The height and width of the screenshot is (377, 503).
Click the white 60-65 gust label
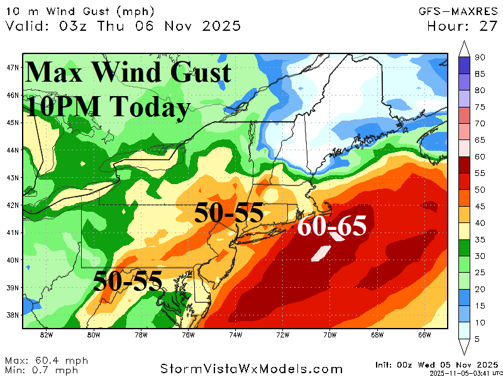(x=331, y=226)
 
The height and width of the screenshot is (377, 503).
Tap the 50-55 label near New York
(x=228, y=214)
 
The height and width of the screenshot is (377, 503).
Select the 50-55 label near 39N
(x=128, y=280)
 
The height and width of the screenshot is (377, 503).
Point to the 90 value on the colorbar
(x=479, y=58)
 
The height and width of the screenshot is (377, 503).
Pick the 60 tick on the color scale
(x=479, y=157)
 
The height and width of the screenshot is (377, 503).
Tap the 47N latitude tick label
(x=13, y=67)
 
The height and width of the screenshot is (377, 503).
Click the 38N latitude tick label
(x=13, y=315)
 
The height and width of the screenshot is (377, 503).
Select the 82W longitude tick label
(x=46, y=334)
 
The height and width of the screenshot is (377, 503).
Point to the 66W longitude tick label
(x=424, y=334)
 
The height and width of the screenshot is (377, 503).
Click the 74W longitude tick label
(x=235, y=334)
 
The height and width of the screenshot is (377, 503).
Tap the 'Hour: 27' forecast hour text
(x=462, y=26)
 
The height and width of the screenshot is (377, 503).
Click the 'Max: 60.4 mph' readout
(x=47, y=361)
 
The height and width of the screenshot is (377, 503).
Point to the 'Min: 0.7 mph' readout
(x=44, y=369)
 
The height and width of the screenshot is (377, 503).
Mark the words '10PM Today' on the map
(x=107, y=107)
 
